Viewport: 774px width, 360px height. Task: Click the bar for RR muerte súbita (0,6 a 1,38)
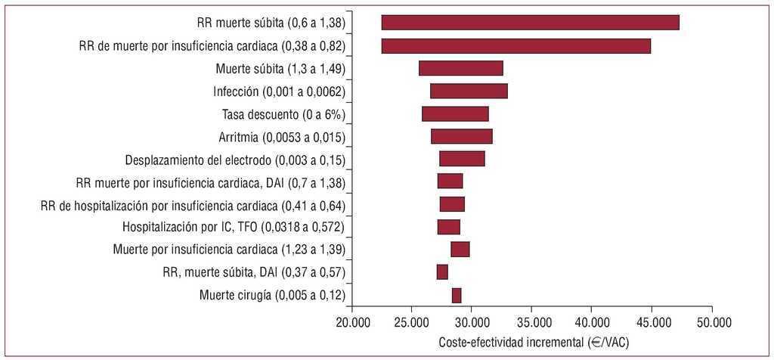pos(530,23)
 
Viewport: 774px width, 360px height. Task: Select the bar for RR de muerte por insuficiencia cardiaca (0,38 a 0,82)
pos(515,45)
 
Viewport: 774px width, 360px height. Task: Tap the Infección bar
pos(469,91)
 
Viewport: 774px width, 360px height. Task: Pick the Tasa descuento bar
pos(455,113)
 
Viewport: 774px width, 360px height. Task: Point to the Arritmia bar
pos(461,136)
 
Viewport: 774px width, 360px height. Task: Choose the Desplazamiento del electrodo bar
pos(462,159)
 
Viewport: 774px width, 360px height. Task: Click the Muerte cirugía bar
pos(457,295)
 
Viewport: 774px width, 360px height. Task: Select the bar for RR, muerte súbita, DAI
pos(442,272)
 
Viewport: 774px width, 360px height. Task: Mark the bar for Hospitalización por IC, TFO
pos(448,227)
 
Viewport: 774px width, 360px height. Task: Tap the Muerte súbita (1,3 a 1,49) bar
pos(460,68)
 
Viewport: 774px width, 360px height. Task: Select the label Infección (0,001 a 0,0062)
pos(279,92)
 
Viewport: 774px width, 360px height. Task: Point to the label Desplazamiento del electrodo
pos(234,160)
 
